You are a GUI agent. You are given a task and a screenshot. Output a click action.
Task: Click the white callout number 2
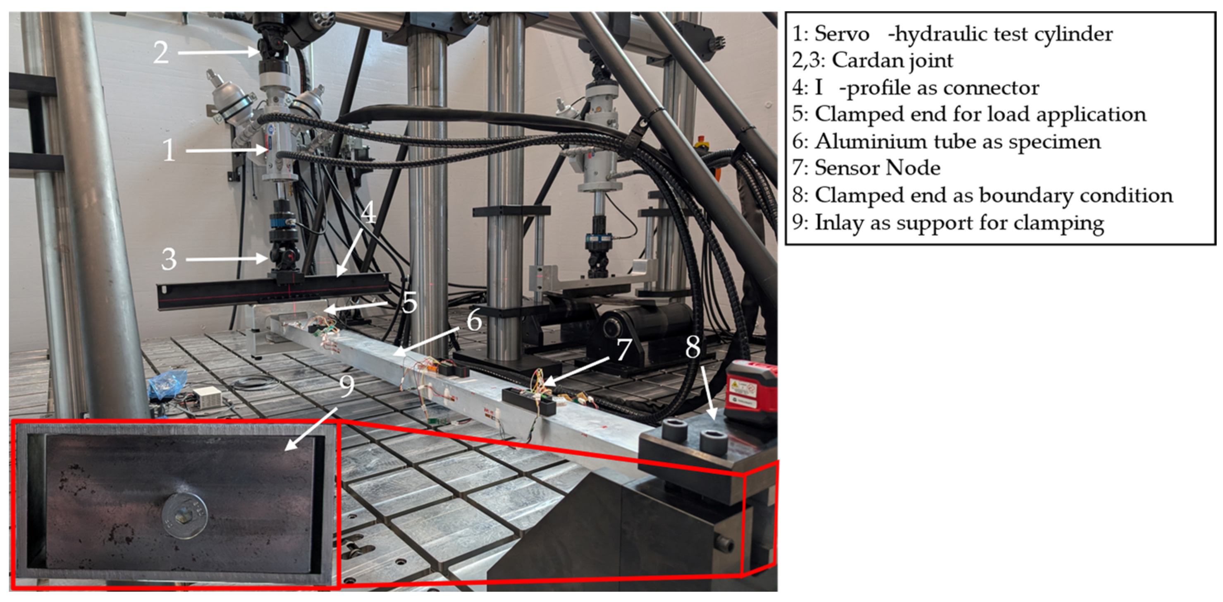161,52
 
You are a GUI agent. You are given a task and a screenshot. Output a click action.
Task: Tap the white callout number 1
169,150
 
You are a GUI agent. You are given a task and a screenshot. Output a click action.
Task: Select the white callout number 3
169,259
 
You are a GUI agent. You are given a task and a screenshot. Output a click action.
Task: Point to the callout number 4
368,212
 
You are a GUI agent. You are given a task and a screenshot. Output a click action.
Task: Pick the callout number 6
474,320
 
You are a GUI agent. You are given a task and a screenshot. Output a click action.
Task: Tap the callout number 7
623,349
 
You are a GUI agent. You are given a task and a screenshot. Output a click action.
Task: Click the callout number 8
693,347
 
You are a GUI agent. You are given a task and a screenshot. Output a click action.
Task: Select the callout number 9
347,386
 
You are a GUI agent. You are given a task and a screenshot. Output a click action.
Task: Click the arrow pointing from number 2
220,52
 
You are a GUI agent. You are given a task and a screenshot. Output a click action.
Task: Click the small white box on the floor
208,394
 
